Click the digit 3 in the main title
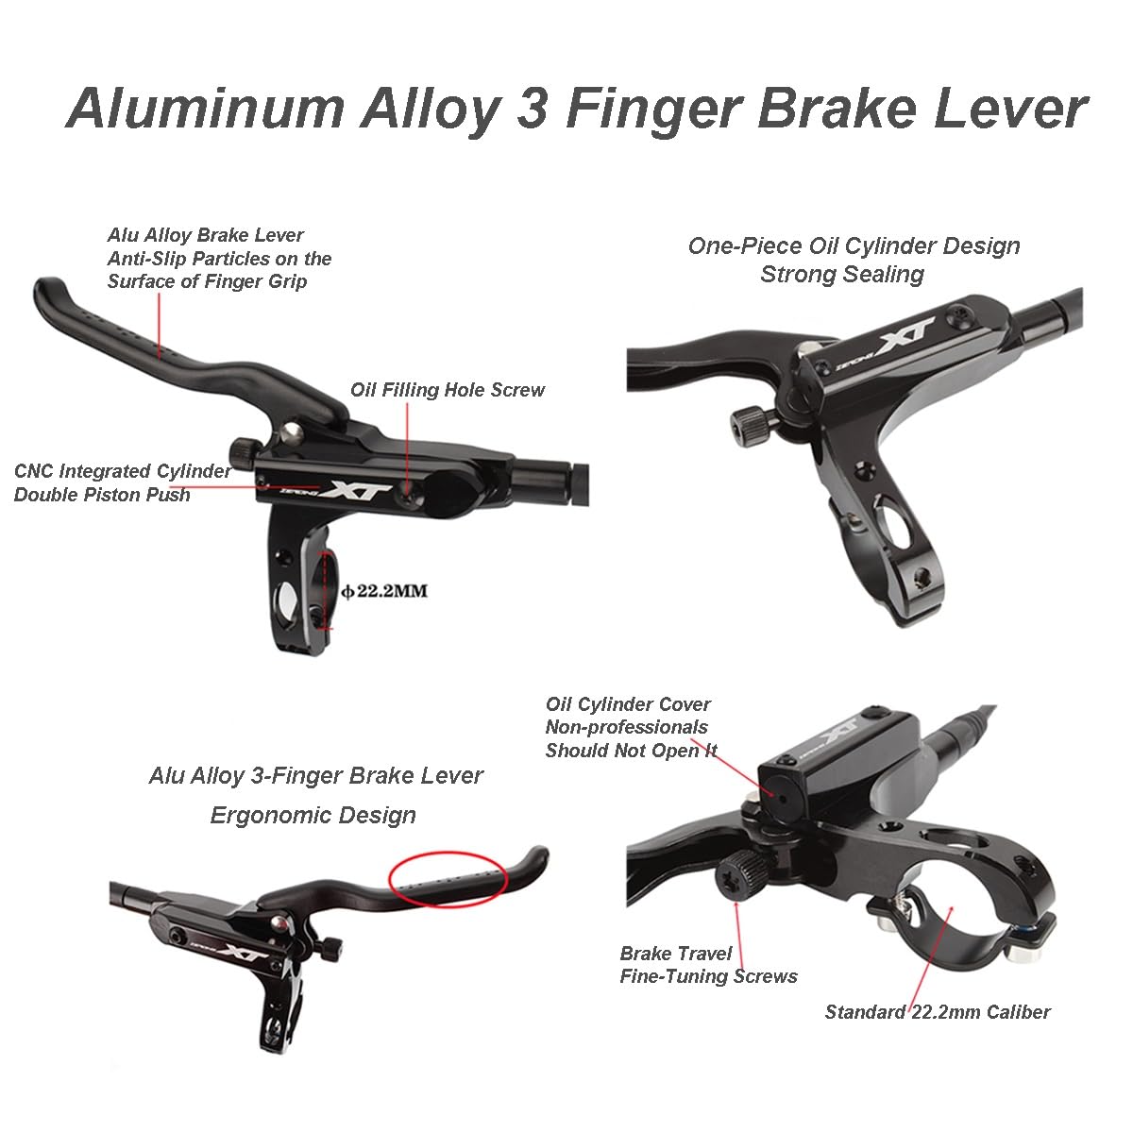533,109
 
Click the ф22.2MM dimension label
384,590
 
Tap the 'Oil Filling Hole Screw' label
448,390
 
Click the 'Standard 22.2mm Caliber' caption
938,1012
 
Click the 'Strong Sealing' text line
842,275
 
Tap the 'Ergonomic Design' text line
313,816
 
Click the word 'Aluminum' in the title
206,109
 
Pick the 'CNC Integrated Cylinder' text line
123,471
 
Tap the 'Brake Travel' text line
676,953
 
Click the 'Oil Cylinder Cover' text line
628,703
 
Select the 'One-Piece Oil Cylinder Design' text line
854,246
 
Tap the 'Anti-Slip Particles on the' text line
219,259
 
